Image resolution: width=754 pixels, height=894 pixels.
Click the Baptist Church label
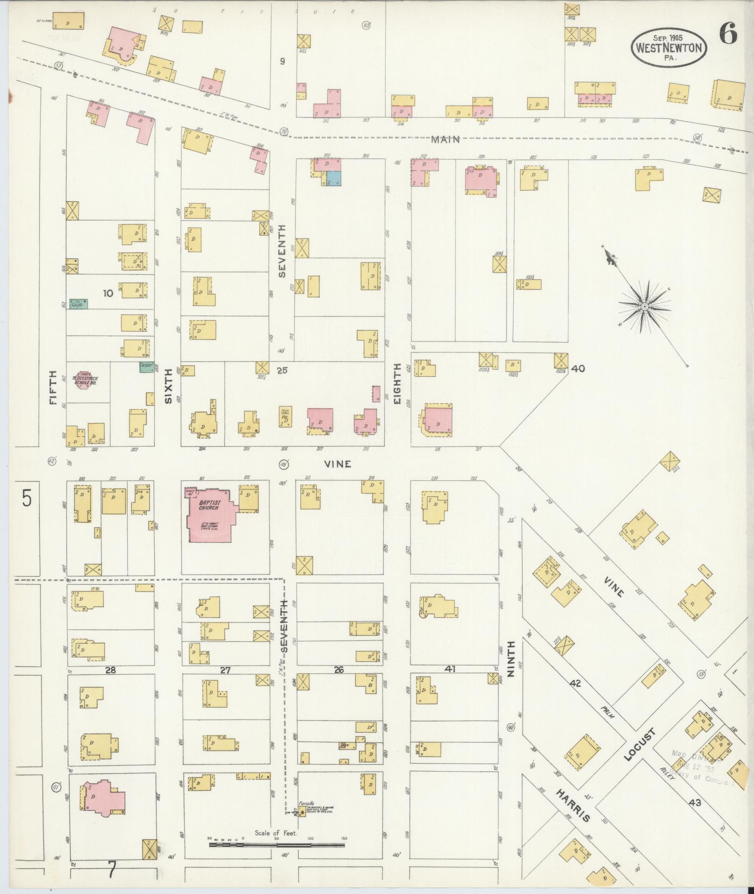208,505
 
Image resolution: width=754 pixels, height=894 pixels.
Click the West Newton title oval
668,47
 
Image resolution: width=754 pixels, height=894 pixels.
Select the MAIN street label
445,139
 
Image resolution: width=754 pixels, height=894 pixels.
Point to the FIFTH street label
52,388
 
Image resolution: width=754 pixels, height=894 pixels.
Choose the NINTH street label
510,659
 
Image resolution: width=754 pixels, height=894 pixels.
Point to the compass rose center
644,306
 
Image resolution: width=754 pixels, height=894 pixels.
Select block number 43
695,802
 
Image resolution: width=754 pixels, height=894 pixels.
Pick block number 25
282,371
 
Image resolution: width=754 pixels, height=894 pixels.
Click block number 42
575,683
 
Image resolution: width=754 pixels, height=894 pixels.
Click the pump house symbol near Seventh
302,812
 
